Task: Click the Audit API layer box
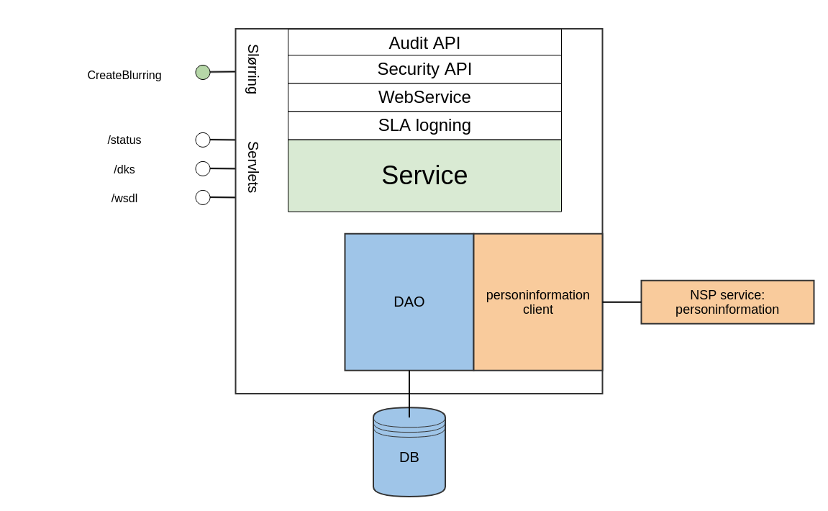tap(424, 42)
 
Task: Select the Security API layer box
tap(424, 69)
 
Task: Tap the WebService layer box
tap(424, 97)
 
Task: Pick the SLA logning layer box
tap(424, 125)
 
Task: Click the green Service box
tap(424, 176)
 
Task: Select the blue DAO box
tap(409, 302)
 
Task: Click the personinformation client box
tap(537, 302)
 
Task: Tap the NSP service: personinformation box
tap(727, 302)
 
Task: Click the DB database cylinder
tap(409, 457)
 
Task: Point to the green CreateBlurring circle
tap(203, 73)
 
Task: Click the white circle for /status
tap(203, 140)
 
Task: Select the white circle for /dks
tap(203, 168)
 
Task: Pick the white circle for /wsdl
tap(203, 197)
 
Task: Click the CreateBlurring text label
tap(124, 76)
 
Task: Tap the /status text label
tap(124, 140)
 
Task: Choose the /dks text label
tap(124, 170)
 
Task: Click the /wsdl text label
tap(124, 199)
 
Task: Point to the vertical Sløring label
tap(253, 69)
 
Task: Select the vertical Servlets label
tap(253, 167)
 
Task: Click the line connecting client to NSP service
tap(622, 302)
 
